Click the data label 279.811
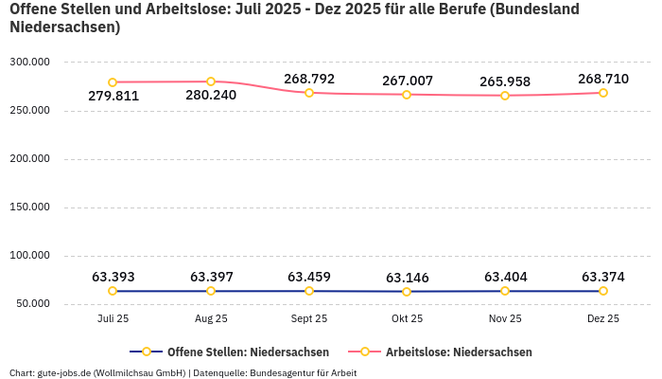click(113, 96)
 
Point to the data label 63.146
click(407, 278)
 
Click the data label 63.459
click(309, 277)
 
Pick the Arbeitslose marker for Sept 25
click(309, 93)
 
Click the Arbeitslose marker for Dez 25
click(603, 93)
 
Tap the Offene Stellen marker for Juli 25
click(113, 291)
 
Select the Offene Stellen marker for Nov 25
click(505, 291)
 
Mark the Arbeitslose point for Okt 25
click(407, 95)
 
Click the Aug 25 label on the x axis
click(211, 319)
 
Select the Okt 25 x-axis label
click(407, 319)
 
